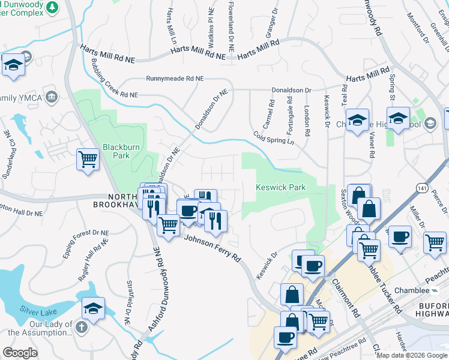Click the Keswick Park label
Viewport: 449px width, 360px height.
point(281,188)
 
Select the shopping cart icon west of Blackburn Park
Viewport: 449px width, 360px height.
point(88,160)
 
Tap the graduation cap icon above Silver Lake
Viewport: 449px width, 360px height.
point(93,308)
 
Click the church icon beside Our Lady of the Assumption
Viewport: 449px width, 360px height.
point(82,327)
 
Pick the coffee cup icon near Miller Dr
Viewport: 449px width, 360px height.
point(399,236)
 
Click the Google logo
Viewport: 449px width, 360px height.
point(20,353)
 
